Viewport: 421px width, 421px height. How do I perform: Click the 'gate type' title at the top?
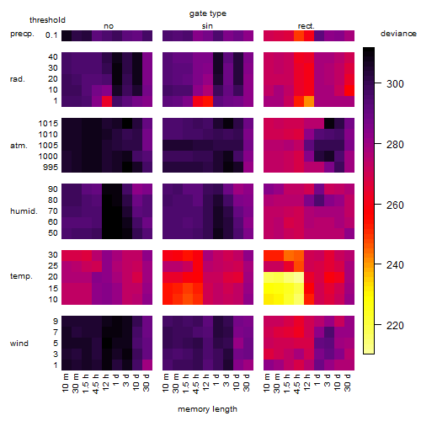tap(208, 13)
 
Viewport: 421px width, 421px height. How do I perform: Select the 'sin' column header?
tap(207, 26)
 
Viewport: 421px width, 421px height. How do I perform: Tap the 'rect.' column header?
tap(306, 26)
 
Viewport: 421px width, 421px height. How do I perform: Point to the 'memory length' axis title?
tap(208, 409)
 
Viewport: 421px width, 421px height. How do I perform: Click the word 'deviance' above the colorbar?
tap(398, 34)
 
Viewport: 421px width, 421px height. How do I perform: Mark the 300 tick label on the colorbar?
tap(395, 83)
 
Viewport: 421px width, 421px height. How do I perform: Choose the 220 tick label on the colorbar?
tap(395, 325)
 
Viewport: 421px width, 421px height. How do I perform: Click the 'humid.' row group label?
tap(24, 211)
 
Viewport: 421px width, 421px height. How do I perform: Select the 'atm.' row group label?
tap(19, 146)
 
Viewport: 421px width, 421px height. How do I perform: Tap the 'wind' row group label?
tap(19, 344)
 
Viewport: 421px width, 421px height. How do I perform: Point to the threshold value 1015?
tap(48, 123)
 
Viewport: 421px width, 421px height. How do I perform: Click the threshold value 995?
tap(51, 168)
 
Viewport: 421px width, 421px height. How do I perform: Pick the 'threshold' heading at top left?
tap(47, 20)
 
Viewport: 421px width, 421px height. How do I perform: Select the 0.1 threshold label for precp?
tap(51, 35)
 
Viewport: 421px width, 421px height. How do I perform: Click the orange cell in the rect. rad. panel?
tap(309, 101)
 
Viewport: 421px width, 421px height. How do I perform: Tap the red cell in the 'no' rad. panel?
tap(107, 101)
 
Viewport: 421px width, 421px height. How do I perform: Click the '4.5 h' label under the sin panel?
tap(196, 383)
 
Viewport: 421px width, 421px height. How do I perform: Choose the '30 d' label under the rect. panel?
tap(348, 383)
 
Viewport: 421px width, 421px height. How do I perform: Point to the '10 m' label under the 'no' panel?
tap(65, 383)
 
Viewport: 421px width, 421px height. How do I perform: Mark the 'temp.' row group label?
tap(21, 276)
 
